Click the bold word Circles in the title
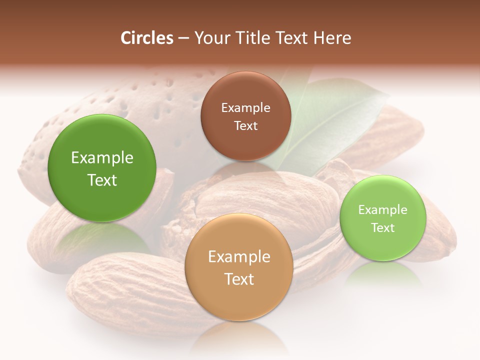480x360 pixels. [x=146, y=37]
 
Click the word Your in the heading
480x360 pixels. [x=209, y=37]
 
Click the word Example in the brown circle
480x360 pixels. [x=245, y=107]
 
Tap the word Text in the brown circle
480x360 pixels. [x=245, y=125]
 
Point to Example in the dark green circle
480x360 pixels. [x=102, y=158]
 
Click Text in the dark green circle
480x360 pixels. [x=102, y=180]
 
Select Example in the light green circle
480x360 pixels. [x=382, y=209]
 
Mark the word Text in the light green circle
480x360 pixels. [x=382, y=227]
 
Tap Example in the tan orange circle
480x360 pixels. [x=239, y=256]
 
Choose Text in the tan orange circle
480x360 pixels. [x=239, y=278]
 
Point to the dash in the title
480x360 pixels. [x=183, y=37]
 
